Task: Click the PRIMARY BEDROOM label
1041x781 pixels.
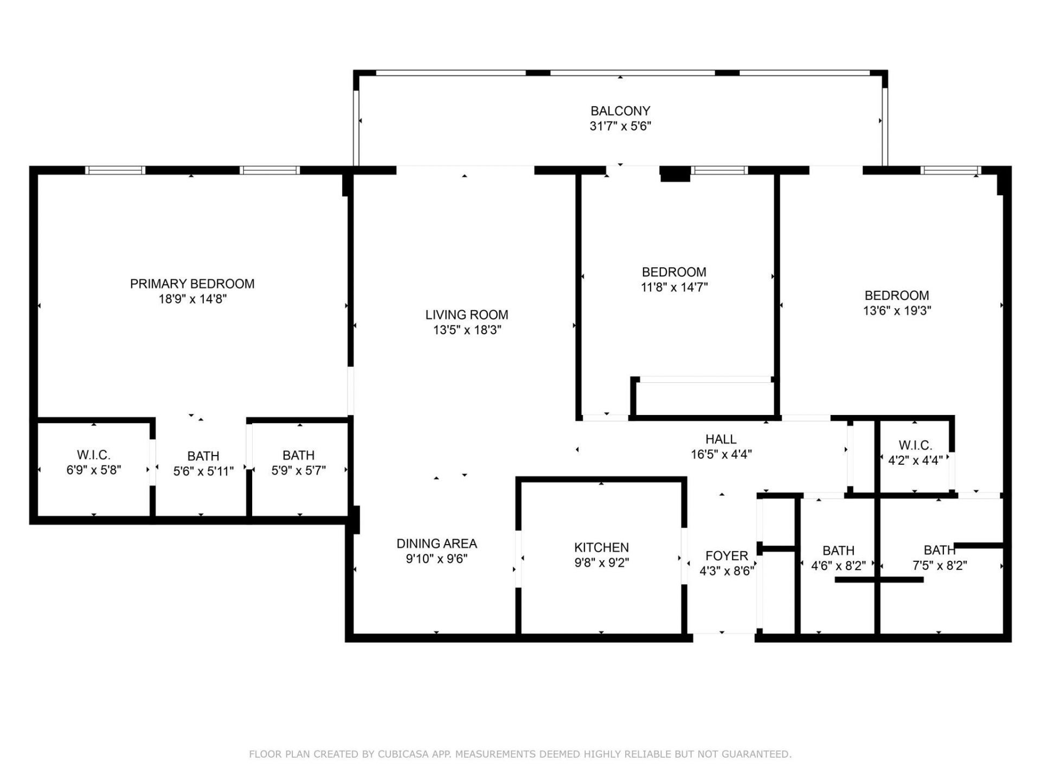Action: tap(192, 284)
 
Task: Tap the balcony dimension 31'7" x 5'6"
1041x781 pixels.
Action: tap(620, 126)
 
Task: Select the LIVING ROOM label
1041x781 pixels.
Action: tap(466, 315)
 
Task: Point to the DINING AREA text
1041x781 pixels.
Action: tap(436, 543)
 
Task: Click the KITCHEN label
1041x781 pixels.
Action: tap(601, 547)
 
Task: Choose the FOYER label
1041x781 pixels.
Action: tap(727, 556)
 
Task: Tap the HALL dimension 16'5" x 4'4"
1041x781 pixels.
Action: tap(721, 454)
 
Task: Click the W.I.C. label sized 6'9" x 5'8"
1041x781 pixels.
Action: tap(93, 455)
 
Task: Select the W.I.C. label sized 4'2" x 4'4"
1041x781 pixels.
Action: tap(915, 445)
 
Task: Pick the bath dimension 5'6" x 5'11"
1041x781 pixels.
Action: tap(203, 471)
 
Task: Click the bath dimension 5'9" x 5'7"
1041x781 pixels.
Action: tap(298, 470)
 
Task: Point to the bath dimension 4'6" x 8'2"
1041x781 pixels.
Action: tap(838, 566)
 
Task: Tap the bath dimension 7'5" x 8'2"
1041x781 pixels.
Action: tap(940, 566)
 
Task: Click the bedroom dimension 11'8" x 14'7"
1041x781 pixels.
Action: tap(674, 287)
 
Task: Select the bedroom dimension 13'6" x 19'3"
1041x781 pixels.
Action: tap(897, 311)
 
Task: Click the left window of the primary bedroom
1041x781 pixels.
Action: tap(115, 170)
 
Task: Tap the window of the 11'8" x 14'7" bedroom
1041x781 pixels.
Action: tap(719, 170)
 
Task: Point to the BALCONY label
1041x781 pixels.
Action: tap(620, 111)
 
